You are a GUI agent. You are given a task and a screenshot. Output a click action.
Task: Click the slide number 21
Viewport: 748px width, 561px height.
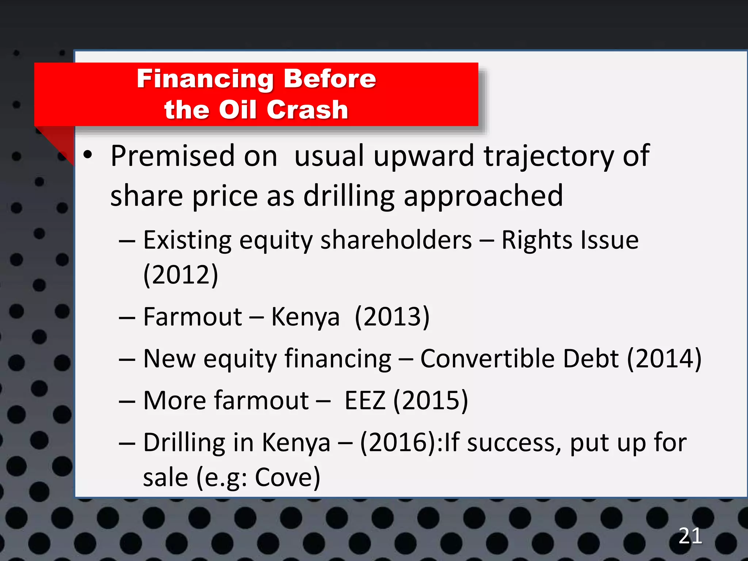coord(690,536)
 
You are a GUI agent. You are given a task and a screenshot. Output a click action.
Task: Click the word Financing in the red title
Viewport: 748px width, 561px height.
coord(205,79)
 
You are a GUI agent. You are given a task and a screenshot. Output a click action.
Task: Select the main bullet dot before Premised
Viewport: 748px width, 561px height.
coord(88,155)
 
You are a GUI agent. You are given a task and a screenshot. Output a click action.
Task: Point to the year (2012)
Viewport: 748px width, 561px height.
coord(181,275)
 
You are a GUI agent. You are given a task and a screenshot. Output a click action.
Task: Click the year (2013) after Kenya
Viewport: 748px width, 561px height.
coord(392,317)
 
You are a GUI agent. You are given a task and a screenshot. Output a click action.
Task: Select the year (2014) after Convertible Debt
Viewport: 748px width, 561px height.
coord(664,359)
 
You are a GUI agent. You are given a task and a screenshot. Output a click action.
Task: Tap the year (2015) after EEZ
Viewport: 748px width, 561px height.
coord(431,401)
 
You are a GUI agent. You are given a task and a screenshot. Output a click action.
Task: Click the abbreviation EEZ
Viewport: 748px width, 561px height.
coord(365,401)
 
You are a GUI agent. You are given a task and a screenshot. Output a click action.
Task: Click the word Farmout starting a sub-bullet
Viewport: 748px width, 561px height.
coord(192,317)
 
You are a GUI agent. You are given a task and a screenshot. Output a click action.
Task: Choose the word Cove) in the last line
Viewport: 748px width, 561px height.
coord(287,477)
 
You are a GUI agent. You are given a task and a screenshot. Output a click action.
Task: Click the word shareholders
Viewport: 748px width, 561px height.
coord(396,240)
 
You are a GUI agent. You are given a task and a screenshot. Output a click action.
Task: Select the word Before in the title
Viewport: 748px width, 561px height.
coord(330,79)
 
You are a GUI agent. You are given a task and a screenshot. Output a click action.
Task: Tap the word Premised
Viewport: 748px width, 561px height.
coord(172,156)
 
